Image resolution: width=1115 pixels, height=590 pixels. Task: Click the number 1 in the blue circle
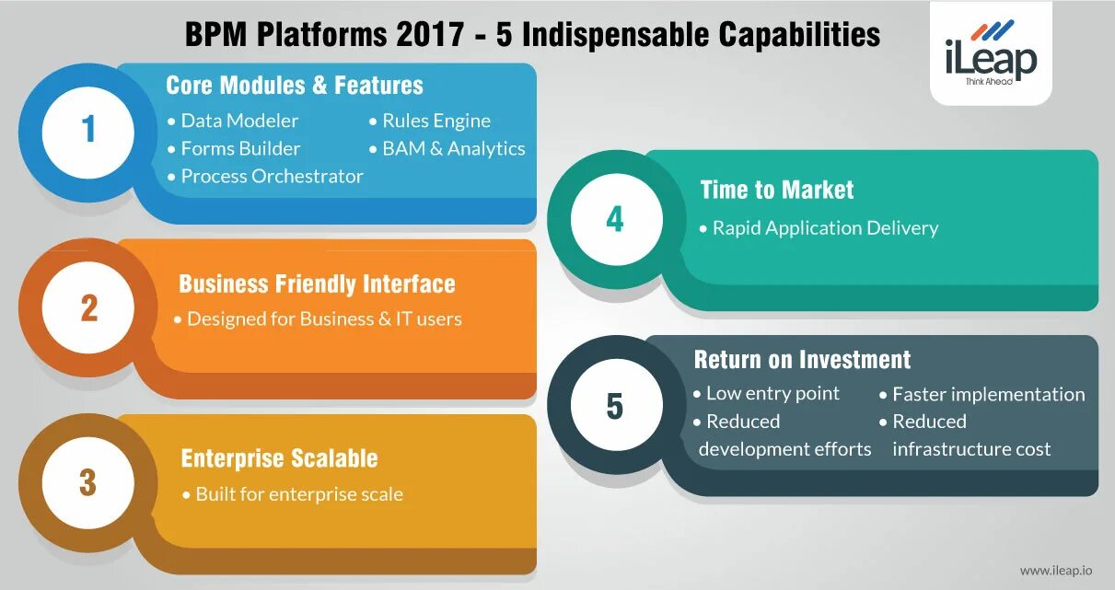click(88, 129)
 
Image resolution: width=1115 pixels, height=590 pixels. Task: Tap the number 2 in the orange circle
click(88, 307)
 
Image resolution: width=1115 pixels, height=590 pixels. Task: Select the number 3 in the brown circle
click(87, 482)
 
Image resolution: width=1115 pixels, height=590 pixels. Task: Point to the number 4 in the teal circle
click(615, 219)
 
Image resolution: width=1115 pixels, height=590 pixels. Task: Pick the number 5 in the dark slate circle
click(614, 406)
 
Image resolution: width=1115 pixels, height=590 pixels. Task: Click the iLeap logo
click(990, 57)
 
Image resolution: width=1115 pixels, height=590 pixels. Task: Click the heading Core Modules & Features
click(295, 86)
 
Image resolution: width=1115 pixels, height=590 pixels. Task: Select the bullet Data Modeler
click(239, 121)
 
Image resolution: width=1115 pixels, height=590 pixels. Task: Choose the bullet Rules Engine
click(436, 121)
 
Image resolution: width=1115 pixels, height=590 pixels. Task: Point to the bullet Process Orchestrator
click(272, 176)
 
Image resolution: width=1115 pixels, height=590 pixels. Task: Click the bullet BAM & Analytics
click(453, 148)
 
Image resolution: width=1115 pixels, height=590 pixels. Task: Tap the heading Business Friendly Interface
click(317, 283)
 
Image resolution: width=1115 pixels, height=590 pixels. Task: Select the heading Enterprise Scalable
click(279, 458)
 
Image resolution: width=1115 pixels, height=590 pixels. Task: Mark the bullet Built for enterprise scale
click(298, 494)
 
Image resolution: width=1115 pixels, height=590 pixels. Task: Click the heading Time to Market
click(776, 190)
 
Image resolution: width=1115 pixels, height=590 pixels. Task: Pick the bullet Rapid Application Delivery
click(825, 227)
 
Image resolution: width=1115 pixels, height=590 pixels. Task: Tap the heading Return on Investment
click(802, 359)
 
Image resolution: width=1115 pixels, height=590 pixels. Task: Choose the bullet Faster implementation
click(988, 394)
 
